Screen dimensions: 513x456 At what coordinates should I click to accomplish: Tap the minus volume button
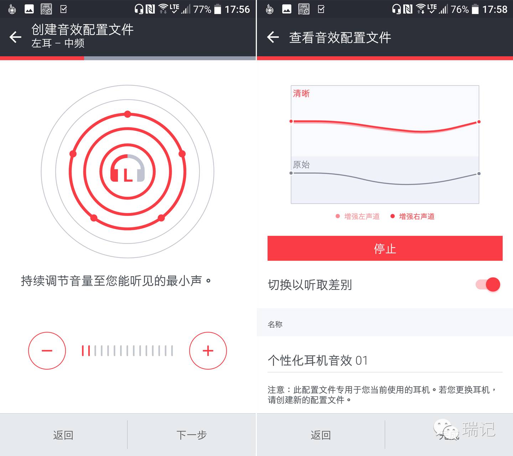47,351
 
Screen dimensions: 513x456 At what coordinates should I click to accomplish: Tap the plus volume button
208,351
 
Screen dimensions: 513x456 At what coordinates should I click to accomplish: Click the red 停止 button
385,248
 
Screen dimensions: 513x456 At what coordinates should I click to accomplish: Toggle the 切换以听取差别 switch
488,284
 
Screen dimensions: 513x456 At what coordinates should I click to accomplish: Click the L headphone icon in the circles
128,168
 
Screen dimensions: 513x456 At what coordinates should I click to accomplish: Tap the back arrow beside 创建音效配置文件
15,37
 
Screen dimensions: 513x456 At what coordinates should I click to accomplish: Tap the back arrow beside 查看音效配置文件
273,37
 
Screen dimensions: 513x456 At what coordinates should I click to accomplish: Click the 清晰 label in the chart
301,93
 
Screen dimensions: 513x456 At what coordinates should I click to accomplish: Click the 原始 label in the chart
301,165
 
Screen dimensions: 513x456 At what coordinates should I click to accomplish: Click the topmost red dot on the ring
128,114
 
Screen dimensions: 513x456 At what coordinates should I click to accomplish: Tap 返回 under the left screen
63,435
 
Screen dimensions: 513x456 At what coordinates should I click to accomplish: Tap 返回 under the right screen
321,435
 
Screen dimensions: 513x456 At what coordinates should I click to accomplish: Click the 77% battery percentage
202,10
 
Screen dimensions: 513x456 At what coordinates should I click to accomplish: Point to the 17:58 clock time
495,10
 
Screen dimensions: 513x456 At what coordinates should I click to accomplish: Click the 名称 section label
275,324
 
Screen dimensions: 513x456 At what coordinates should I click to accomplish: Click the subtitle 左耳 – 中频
58,43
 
